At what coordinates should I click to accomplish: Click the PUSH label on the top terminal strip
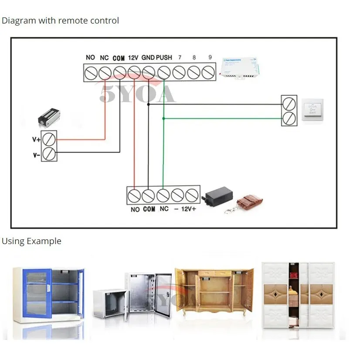(x=164, y=58)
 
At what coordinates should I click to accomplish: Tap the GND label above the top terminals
(x=148, y=58)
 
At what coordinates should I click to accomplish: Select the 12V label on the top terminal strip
(x=133, y=58)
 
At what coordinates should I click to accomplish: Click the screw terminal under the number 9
(x=208, y=72)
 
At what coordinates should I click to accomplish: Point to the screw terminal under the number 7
(x=179, y=72)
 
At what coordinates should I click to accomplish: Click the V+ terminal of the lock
(x=49, y=139)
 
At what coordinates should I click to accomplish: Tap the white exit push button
(x=312, y=111)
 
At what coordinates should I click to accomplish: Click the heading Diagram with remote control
(x=60, y=20)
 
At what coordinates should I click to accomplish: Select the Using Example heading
(x=31, y=241)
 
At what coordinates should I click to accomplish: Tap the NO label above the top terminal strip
(x=90, y=58)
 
